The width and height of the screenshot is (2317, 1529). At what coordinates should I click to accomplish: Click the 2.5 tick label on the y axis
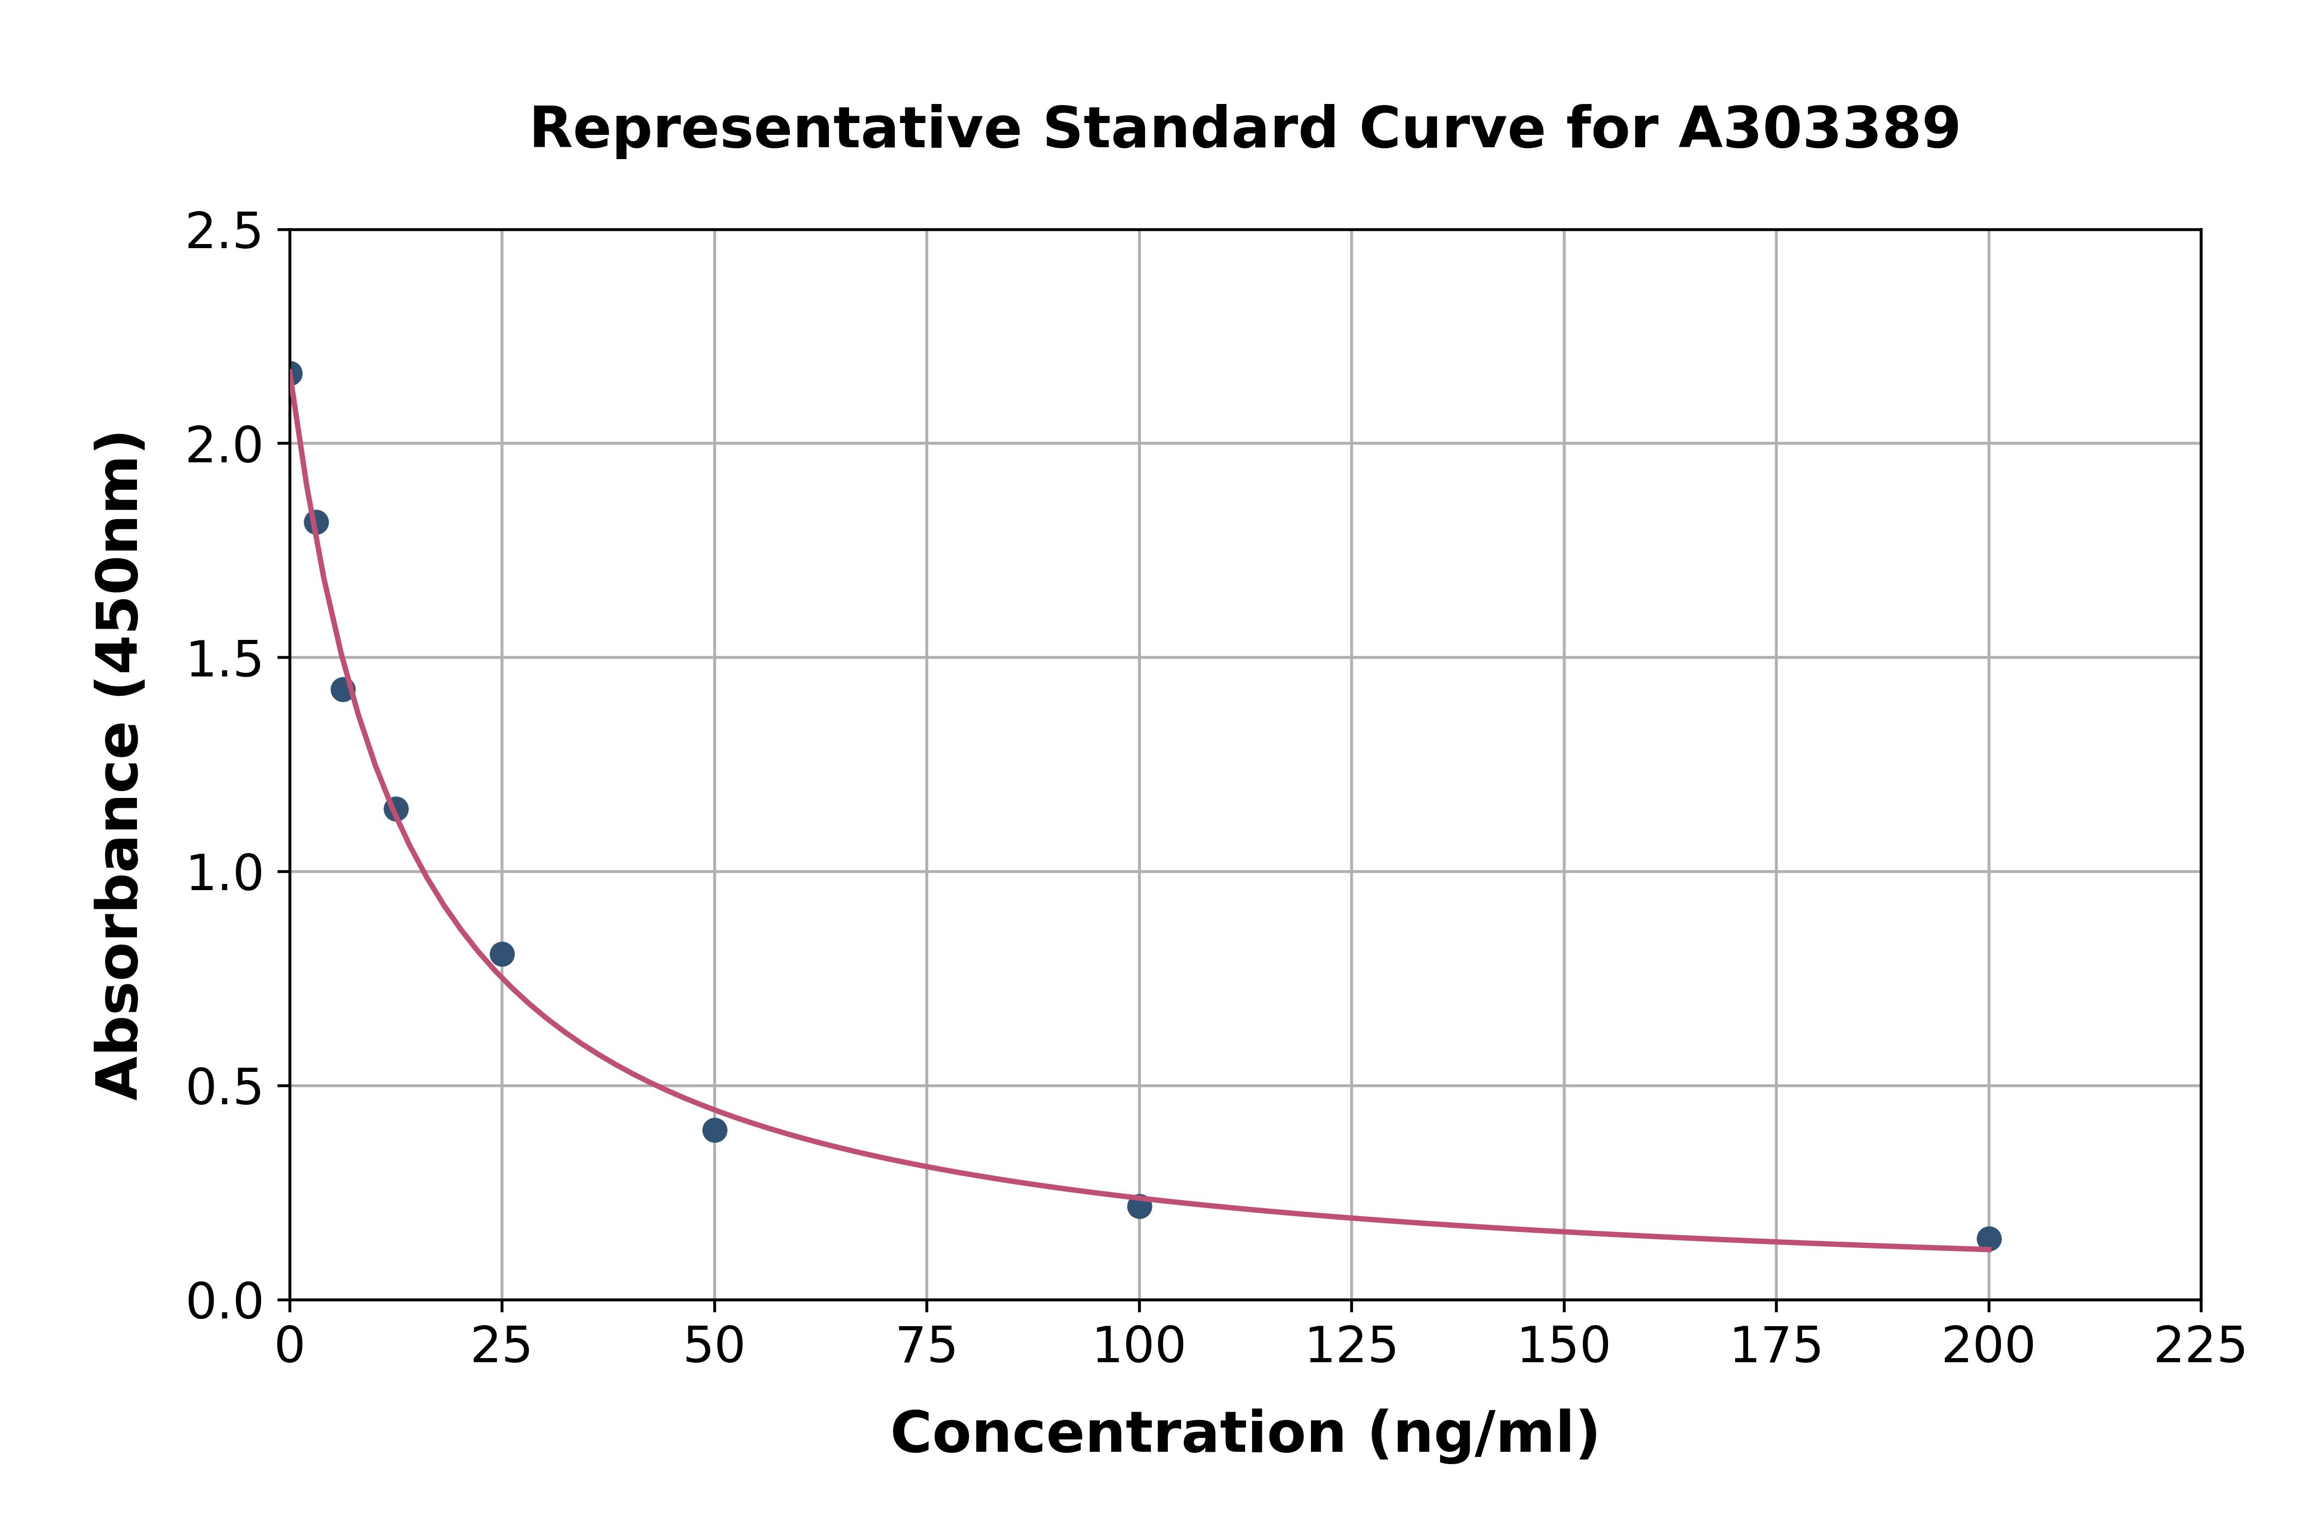pos(224,232)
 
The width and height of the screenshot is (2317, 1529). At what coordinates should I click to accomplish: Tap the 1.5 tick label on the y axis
pos(224,660)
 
